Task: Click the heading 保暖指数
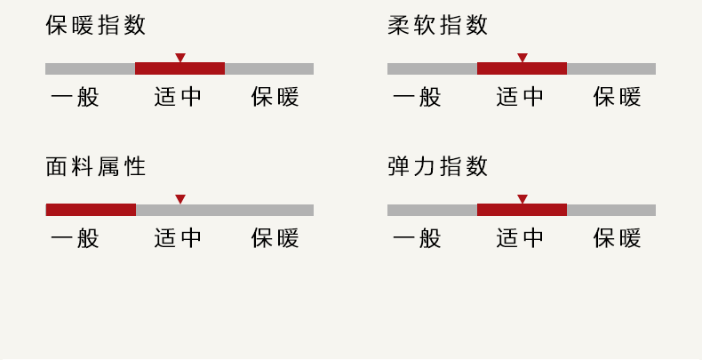96,25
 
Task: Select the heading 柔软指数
437,25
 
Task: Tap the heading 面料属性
96,166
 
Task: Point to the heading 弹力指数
437,166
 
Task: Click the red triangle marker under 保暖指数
180,57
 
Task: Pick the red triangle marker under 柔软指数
522,57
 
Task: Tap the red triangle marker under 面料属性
180,199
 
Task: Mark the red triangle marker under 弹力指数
522,199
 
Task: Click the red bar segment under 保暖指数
180,68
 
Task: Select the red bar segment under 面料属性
91,210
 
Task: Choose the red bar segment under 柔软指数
522,68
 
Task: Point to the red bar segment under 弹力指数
522,210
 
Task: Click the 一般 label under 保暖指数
75,97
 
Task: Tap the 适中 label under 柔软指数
520,97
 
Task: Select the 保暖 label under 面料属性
275,238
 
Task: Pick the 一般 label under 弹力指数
417,238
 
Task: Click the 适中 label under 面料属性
178,238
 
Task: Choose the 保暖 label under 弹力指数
617,238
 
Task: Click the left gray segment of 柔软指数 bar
433,68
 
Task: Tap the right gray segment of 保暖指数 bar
269,68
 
